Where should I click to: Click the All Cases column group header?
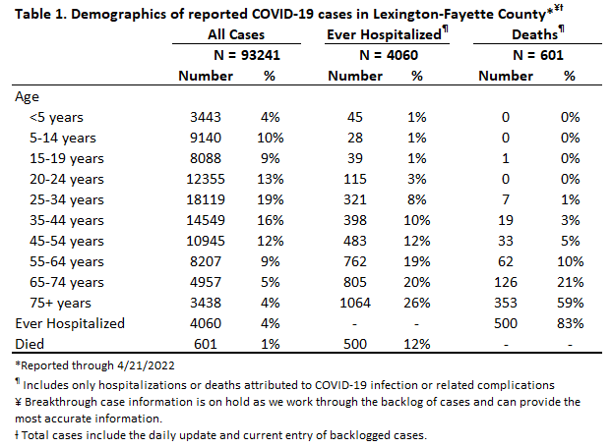(x=236, y=34)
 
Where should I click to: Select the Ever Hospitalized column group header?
(x=384, y=34)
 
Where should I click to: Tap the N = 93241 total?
(x=247, y=55)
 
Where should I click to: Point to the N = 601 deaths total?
(x=538, y=55)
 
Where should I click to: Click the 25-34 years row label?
(x=67, y=199)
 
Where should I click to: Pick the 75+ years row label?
(x=60, y=303)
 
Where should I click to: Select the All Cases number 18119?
(x=206, y=199)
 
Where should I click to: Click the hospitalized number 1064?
(x=355, y=303)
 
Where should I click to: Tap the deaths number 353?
(x=506, y=303)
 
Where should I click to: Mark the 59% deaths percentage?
(x=571, y=303)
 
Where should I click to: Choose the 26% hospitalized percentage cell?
(x=417, y=303)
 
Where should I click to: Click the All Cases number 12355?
(x=206, y=179)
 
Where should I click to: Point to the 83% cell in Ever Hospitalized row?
(x=571, y=324)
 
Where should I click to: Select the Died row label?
(x=30, y=345)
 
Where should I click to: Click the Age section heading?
(x=27, y=97)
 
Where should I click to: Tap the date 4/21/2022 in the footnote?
(x=144, y=365)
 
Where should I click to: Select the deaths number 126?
(x=506, y=282)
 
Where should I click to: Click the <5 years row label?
(x=57, y=117)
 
